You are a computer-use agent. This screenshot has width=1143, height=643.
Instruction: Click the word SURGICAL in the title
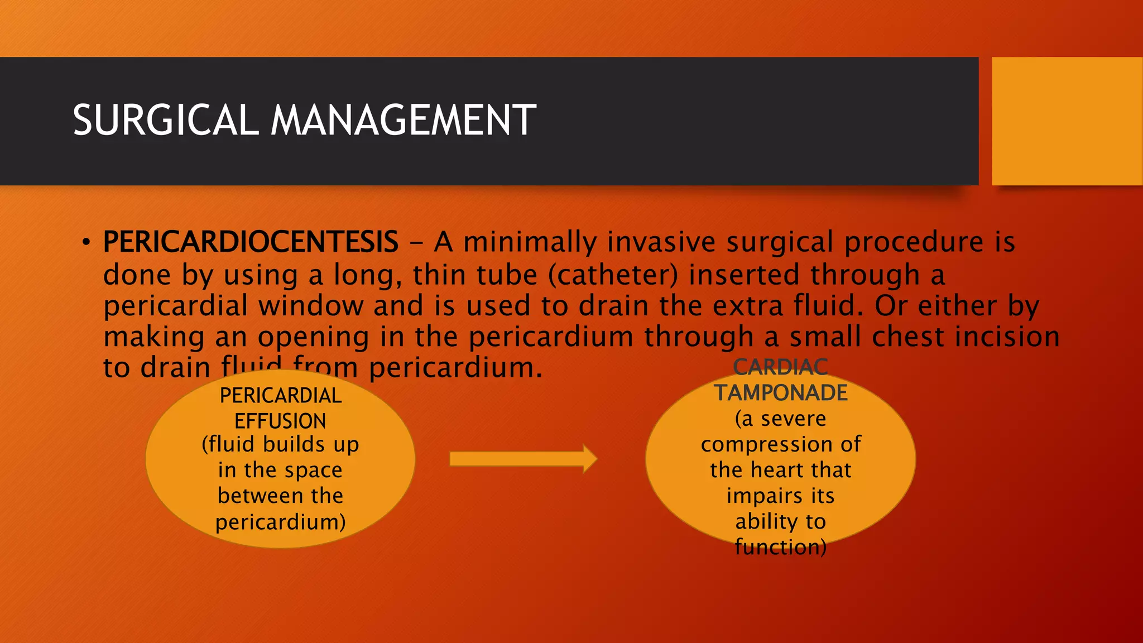pyautogui.click(x=165, y=121)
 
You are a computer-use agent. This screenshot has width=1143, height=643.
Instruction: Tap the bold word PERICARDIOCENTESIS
pyautogui.click(x=251, y=242)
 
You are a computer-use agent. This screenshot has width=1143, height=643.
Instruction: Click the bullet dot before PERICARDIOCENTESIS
pyautogui.click(x=85, y=242)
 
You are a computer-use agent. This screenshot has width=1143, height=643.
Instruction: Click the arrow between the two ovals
pyautogui.click(x=523, y=459)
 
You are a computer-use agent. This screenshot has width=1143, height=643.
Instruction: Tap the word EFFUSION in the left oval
pyautogui.click(x=280, y=421)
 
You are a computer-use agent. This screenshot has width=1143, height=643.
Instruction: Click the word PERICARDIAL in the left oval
pyautogui.click(x=280, y=395)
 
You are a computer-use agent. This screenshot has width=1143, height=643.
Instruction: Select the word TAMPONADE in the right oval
pyautogui.click(x=781, y=393)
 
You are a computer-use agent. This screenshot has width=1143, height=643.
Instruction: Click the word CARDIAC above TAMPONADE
pyautogui.click(x=781, y=367)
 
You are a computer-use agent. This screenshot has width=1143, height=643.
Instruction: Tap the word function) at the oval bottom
pyautogui.click(x=781, y=547)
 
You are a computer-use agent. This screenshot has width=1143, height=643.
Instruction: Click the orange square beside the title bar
pyautogui.click(x=1067, y=121)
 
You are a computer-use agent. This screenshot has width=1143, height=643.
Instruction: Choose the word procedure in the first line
pyautogui.click(x=914, y=242)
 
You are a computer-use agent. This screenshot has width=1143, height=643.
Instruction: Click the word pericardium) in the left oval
pyautogui.click(x=280, y=522)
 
